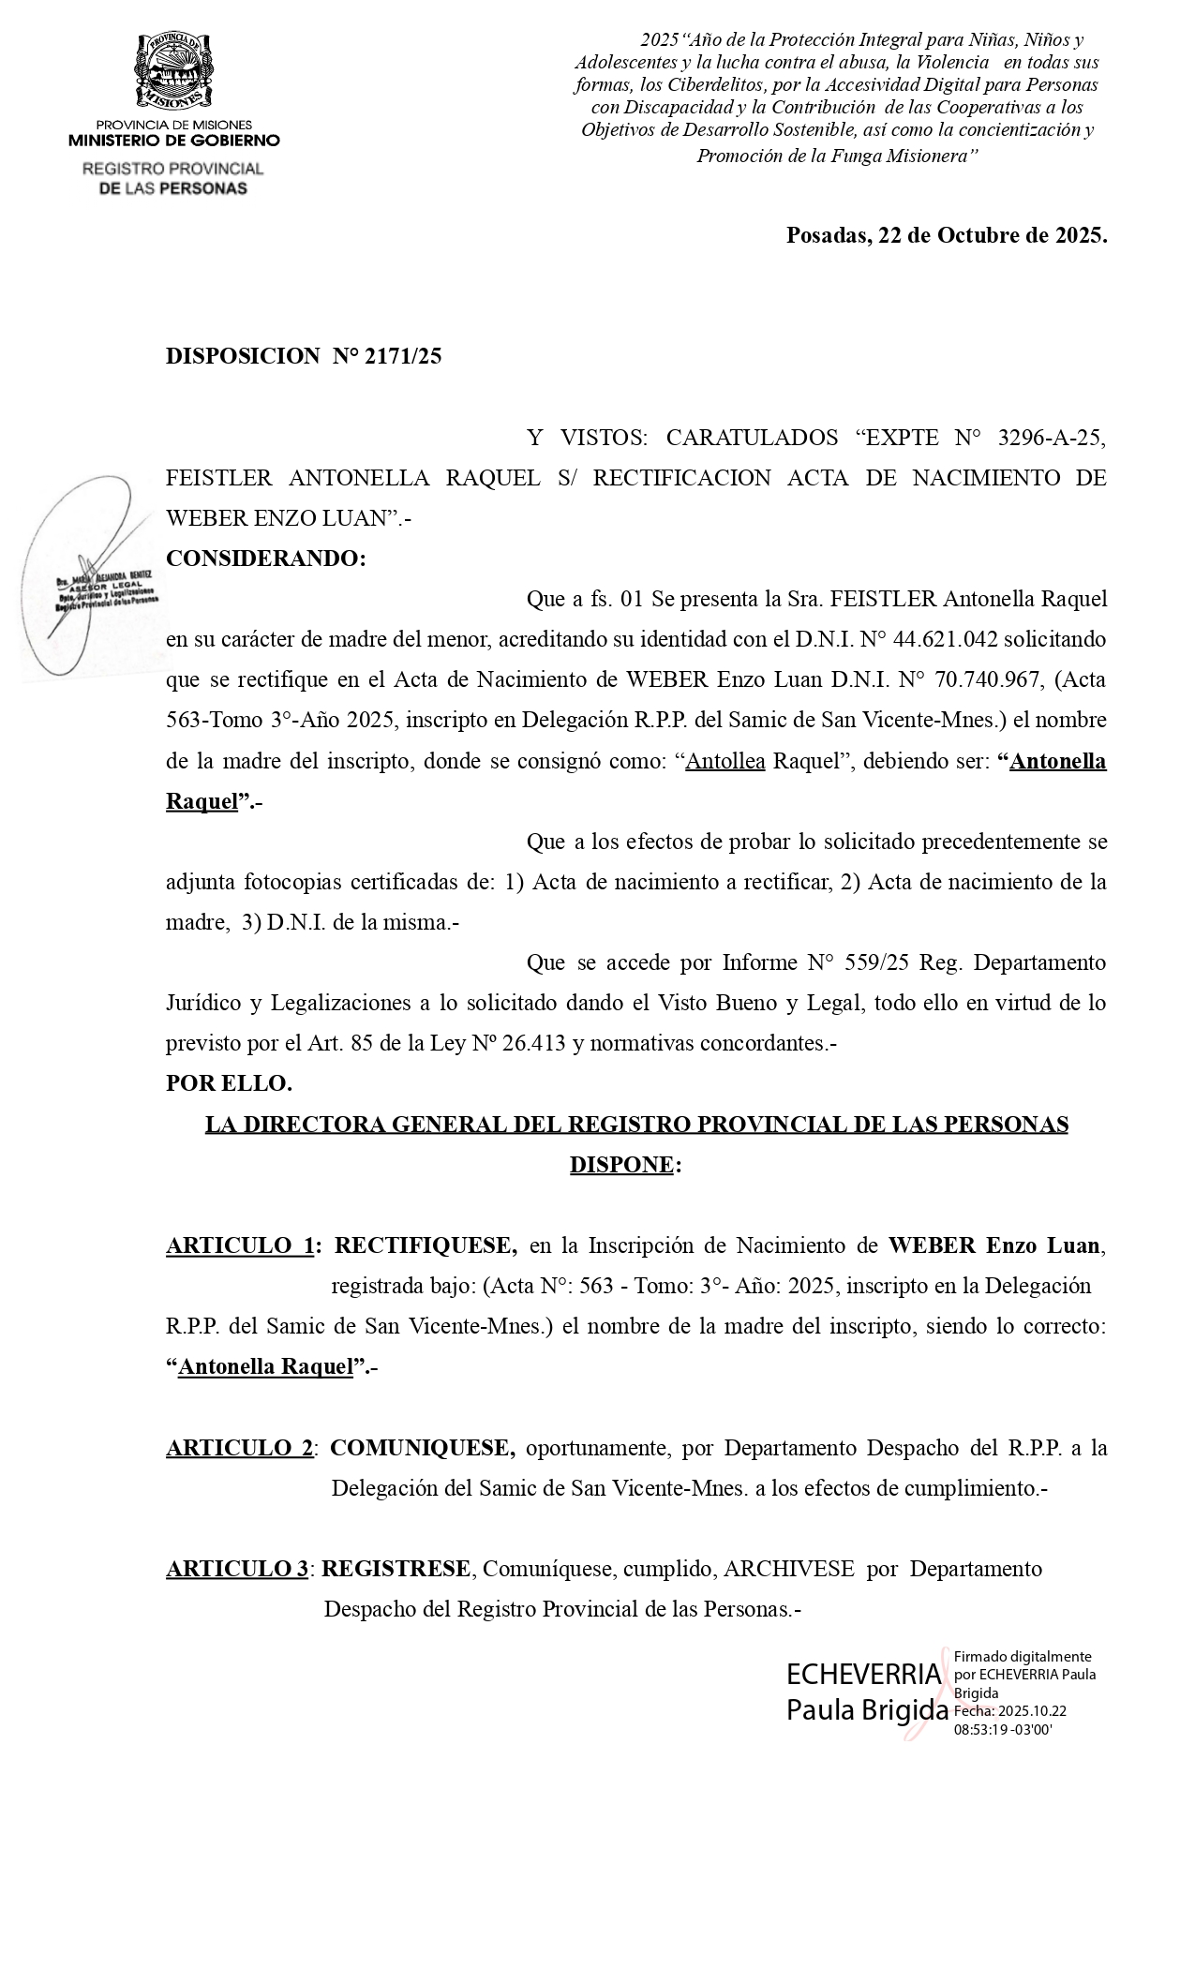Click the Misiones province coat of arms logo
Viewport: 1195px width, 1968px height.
coord(174,71)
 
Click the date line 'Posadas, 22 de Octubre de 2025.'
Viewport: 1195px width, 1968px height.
coord(946,234)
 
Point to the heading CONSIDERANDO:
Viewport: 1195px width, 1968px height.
coord(265,559)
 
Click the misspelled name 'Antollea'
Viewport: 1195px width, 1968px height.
coord(725,760)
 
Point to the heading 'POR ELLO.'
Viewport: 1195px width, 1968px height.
coord(229,1083)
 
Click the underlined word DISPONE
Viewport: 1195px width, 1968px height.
coord(620,1165)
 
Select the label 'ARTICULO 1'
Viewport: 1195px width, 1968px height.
coord(239,1245)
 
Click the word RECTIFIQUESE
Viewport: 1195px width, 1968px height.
coord(426,1245)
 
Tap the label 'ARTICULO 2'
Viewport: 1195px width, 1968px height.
coord(239,1448)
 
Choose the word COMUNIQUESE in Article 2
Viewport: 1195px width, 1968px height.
coord(422,1448)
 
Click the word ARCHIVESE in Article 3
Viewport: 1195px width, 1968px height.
coord(788,1569)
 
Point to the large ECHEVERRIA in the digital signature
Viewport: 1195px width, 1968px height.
coord(863,1675)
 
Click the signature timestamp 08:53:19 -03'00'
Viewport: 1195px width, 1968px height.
coord(1002,1731)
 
